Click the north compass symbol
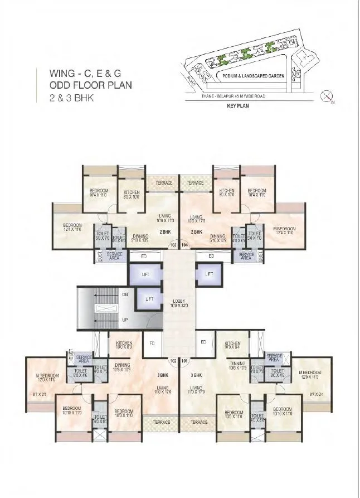pyautogui.click(x=327, y=97)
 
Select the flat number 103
pyautogui.click(x=173, y=244)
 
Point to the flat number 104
pyautogui.click(x=185, y=244)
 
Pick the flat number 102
pyautogui.click(x=173, y=360)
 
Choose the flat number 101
pyautogui.click(x=185, y=360)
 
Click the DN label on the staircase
pyautogui.click(x=125, y=294)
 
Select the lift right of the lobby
pyautogui.click(x=208, y=274)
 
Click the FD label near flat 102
pyautogui.click(x=152, y=344)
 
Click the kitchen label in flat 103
pyautogui.click(x=132, y=193)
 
